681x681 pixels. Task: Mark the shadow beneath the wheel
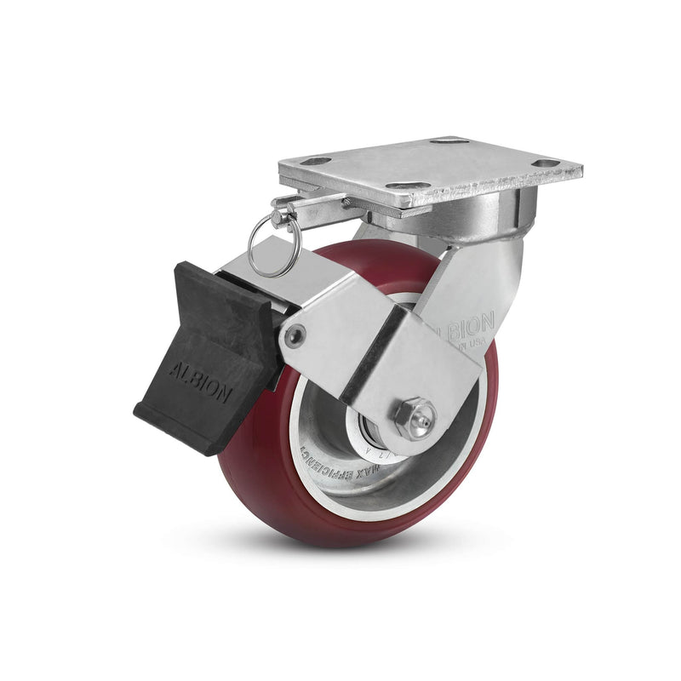tap(340, 553)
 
